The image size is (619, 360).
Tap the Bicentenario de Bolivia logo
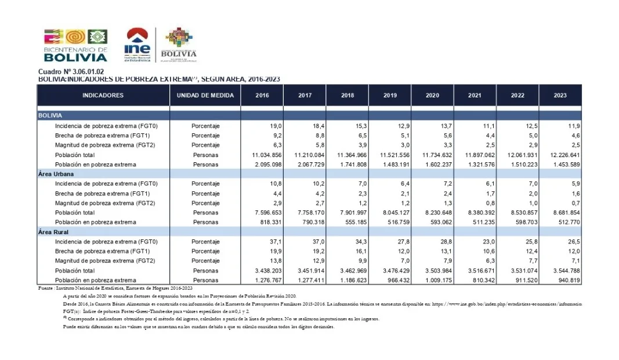click(x=75, y=45)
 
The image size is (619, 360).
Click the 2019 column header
click(x=390, y=95)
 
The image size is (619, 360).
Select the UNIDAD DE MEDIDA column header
click(x=205, y=95)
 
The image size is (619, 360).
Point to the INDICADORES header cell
click(x=103, y=95)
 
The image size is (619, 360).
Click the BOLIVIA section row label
click(x=50, y=115)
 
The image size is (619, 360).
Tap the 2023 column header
click(x=560, y=95)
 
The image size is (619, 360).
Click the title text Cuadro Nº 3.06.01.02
click(x=63, y=71)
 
